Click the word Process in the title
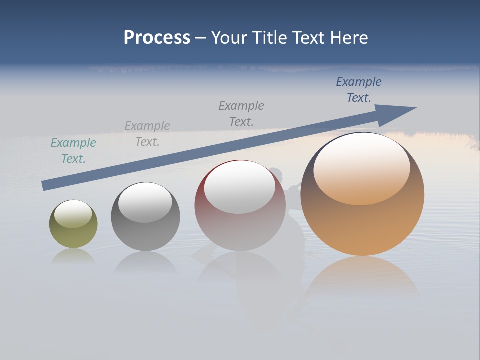pyautogui.click(x=157, y=38)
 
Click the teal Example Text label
pyautogui.click(x=73, y=151)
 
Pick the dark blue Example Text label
pyautogui.click(x=359, y=90)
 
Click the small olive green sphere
pyautogui.click(x=73, y=235)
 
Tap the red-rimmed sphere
pyautogui.click(x=240, y=230)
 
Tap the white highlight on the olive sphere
pyautogui.click(x=73, y=213)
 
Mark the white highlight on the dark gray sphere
pyautogui.click(x=145, y=202)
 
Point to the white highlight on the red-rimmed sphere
pyautogui.click(x=240, y=187)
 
